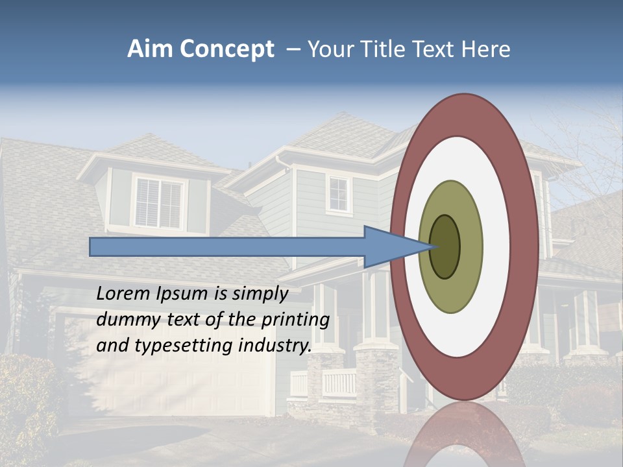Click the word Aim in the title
click(150, 49)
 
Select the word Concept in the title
click(226, 50)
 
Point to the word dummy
click(125, 320)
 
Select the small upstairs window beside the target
click(338, 193)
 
